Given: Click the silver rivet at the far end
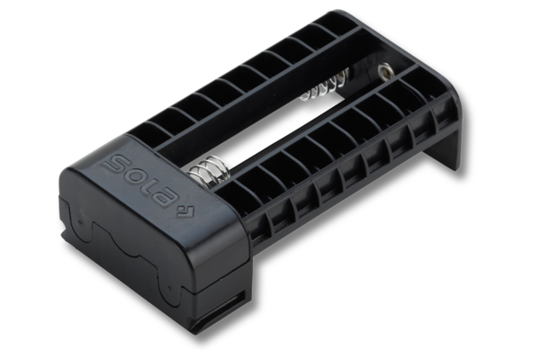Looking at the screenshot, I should point(385,71).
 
